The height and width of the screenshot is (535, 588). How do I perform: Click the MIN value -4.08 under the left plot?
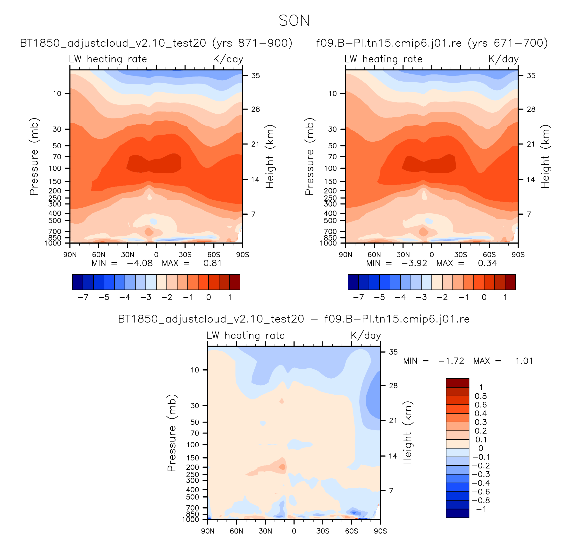coord(140,263)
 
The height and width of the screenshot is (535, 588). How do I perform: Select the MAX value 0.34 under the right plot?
coord(487,263)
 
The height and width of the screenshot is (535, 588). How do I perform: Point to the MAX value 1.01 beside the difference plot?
coord(524,361)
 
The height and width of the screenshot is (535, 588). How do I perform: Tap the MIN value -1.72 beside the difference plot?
coord(451,361)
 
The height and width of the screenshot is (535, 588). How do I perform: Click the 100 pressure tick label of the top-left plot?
coord(55,168)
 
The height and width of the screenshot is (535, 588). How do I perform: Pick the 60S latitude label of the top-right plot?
coord(489,255)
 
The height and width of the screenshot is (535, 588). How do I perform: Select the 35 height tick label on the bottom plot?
coord(393,352)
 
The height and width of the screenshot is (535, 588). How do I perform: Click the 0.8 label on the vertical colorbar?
coord(481,396)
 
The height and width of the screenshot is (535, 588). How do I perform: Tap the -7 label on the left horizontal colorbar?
coord(83,297)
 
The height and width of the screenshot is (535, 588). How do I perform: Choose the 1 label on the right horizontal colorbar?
coord(505,297)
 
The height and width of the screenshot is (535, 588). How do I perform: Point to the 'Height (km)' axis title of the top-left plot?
coord(270,157)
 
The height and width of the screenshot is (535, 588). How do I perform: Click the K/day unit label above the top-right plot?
coord(504,59)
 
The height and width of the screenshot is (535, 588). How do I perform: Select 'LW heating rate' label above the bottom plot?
coord(246,335)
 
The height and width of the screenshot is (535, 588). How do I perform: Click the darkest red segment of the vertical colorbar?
coord(457,383)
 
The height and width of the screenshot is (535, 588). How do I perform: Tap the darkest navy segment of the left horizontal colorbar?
coord(78,282)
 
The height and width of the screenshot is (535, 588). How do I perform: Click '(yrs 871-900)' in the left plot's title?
coord(252,43)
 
